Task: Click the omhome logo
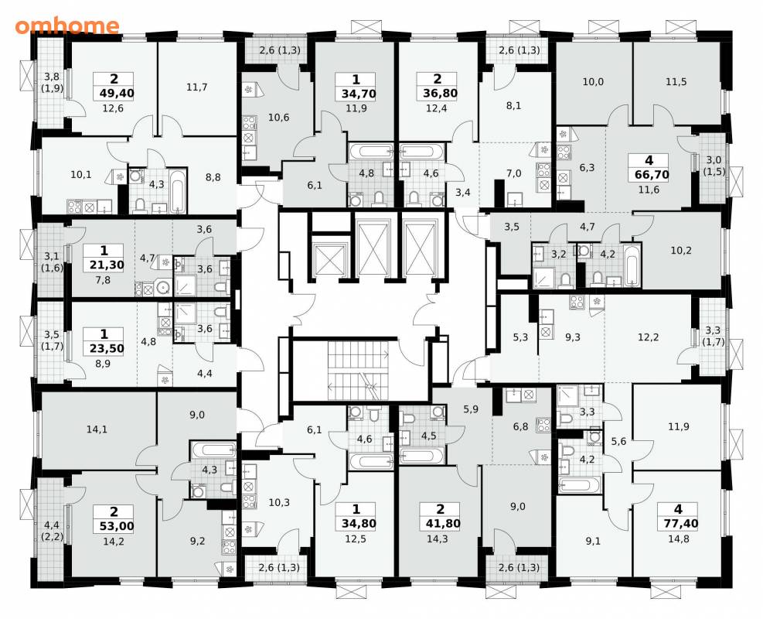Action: [66, 26]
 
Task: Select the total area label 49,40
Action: [114, 93]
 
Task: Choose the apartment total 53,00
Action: [114, 526]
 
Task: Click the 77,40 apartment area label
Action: [678, 524]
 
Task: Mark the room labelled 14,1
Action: [97, 429]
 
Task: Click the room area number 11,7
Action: [196, 87]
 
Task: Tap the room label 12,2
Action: [648, 337]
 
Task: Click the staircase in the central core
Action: [359, 370]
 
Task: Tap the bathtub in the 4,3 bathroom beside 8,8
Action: [179, 191]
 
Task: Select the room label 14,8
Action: [678, 539]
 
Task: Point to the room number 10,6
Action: [279, 118]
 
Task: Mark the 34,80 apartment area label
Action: [356, 524]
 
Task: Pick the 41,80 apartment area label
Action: [440, 524]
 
